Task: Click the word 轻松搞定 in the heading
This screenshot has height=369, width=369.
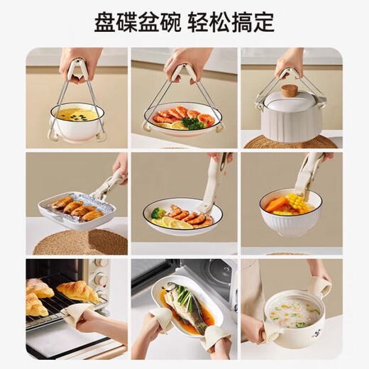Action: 231,22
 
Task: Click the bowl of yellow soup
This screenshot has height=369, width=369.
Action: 76,114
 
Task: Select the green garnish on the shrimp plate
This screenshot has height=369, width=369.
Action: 192,122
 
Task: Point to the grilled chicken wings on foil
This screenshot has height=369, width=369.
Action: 72,208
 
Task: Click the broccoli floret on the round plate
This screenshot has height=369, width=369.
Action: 158,212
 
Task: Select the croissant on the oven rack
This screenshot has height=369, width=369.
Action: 76,290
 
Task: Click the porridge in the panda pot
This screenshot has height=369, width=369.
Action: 293,310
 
